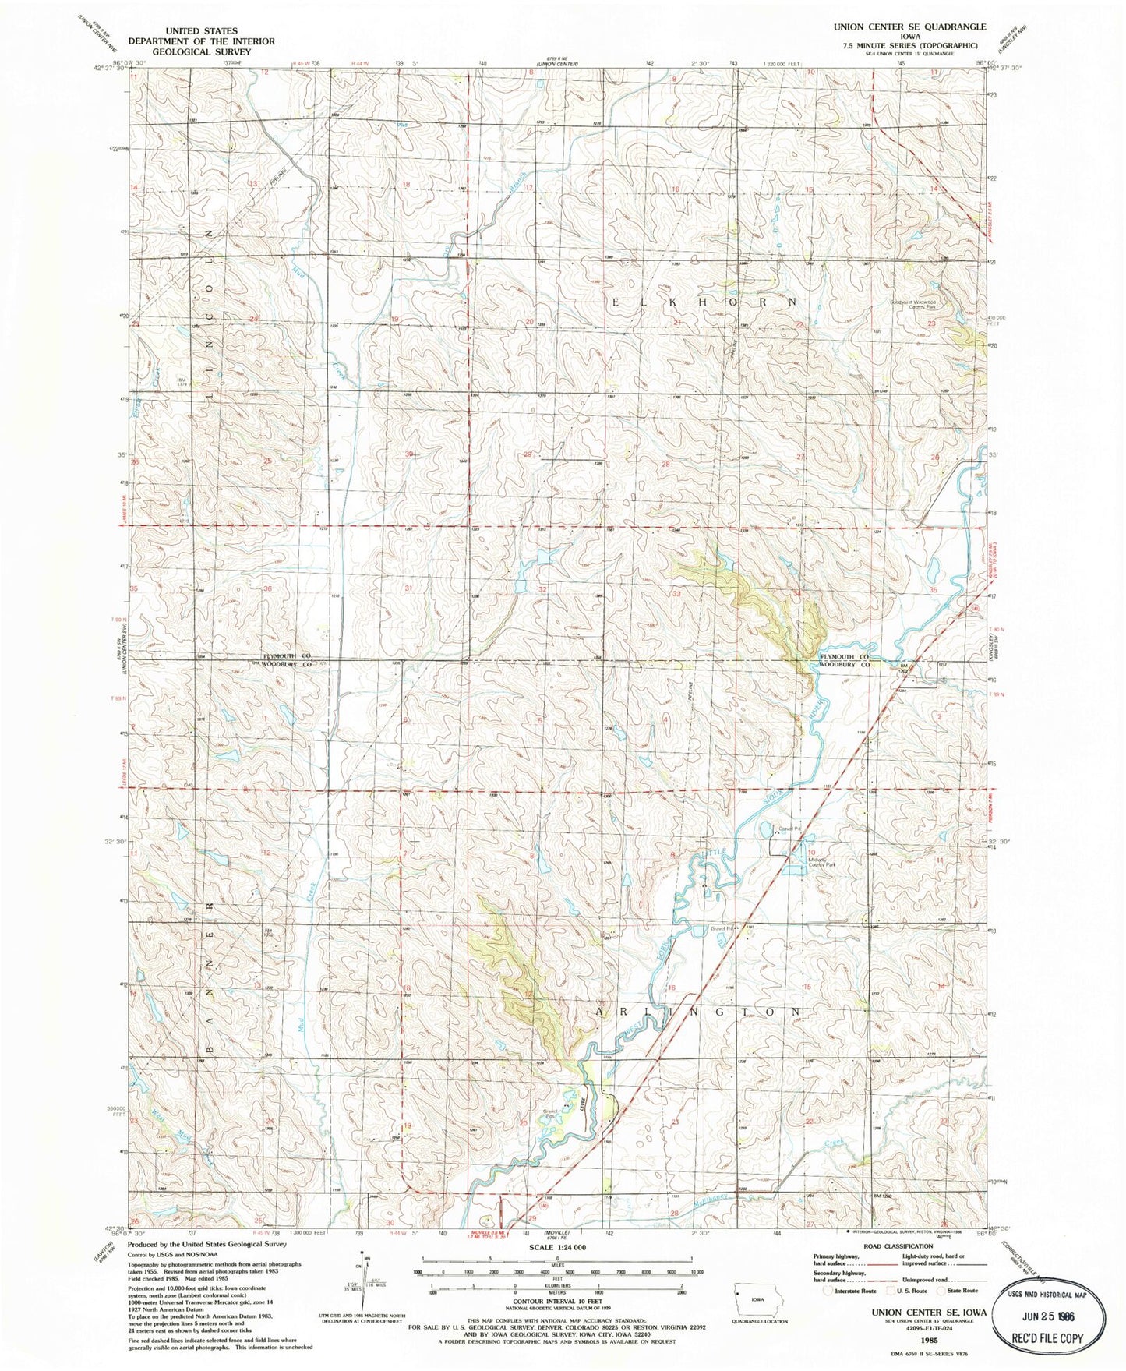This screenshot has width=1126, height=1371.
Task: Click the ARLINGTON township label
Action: point(698,1011)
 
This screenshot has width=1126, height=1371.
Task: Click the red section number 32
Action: point(542,590)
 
